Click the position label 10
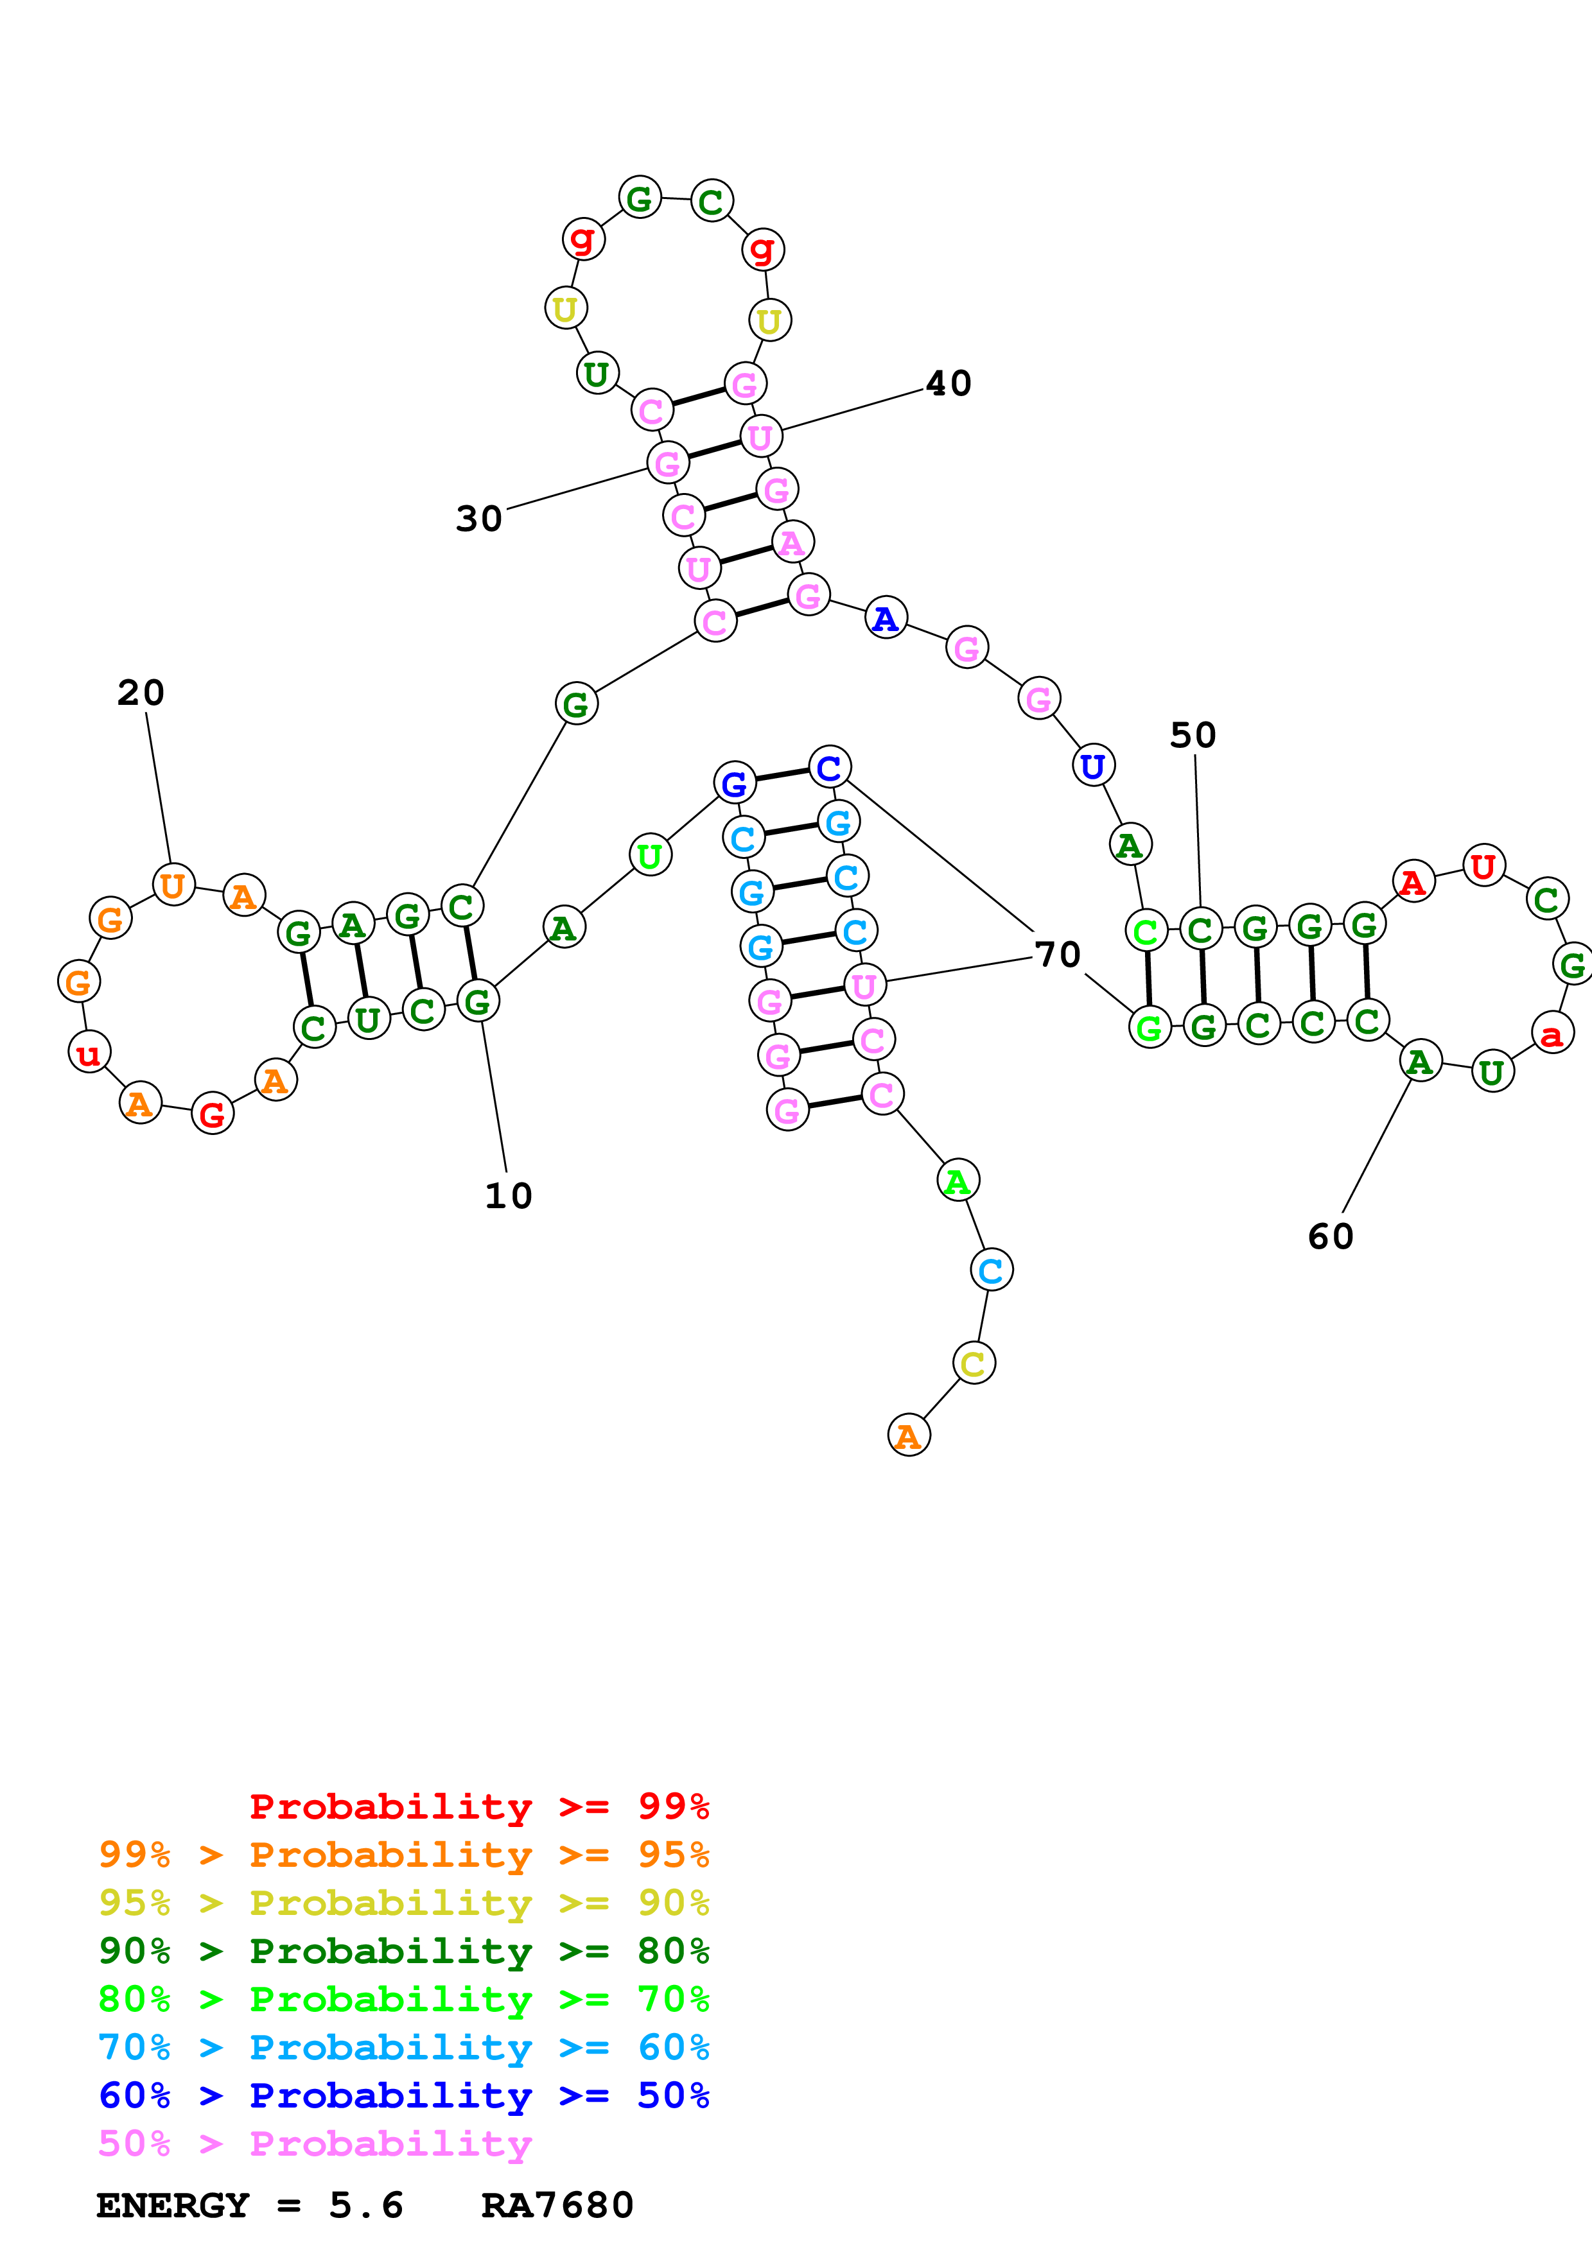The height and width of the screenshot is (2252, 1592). point(508,1195)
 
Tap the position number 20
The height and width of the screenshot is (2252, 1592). point(140,693)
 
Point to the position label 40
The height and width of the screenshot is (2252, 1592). point(949,383)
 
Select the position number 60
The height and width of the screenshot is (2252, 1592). point(1330,1236)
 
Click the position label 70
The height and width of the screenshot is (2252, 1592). point(1058,953)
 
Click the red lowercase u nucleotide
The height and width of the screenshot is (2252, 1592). point(88,1052)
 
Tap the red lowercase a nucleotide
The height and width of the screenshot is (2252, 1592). point(1552,1033)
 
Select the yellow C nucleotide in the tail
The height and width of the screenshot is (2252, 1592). point(973,1362)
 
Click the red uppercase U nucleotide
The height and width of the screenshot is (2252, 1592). point(1483,865)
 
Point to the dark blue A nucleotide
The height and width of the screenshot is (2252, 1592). point(886,618)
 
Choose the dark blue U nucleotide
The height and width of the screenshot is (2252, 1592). point(1093,765)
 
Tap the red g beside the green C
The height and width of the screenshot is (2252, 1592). point(762,249)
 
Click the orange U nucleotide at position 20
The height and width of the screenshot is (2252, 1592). point(173,885)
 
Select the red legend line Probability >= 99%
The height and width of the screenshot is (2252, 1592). point(478,1806)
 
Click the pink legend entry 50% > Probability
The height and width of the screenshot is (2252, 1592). point(314,2143)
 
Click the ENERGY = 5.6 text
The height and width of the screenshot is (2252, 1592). point(249,2205)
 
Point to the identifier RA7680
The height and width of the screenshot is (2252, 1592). point(557,2205)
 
